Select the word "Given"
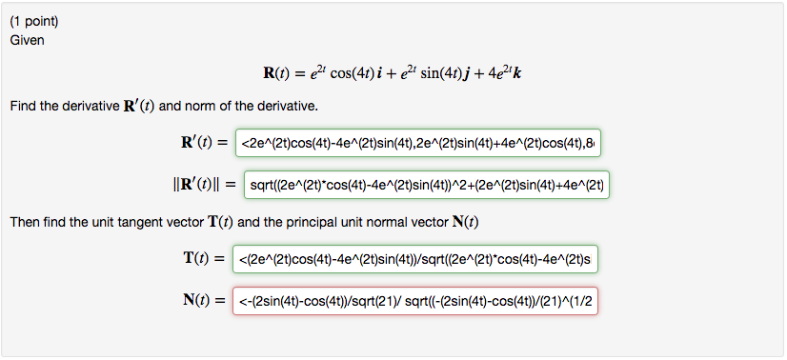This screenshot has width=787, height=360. [x=27, y=40]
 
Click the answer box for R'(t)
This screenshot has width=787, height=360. [x=421, y=143]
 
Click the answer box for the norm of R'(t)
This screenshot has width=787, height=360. [x=426, y=182]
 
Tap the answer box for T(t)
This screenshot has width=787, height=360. [x=421, y=258]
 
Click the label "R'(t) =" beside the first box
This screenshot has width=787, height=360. [x=195, y=143]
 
